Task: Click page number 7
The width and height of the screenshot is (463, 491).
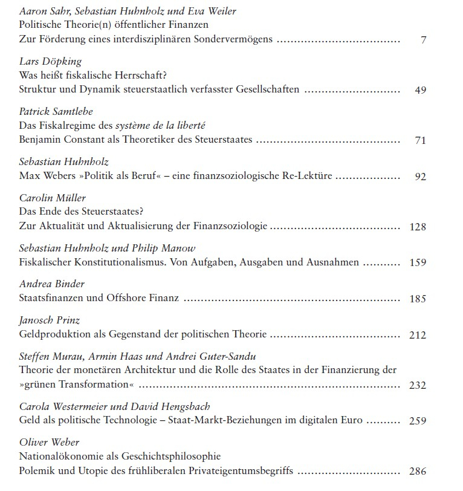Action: pos(424,40)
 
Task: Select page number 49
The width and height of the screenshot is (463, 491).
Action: pos(421,90)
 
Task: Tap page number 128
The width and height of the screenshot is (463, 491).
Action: pos(418,227)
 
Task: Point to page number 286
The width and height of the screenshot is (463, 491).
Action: pos(418,472)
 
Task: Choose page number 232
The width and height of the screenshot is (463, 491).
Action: pos(418,385)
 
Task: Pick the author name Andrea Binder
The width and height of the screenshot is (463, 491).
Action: pos(52,284)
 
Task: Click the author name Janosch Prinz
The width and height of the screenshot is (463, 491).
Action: pos(50,319)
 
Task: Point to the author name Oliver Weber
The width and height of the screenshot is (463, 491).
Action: pos(49,441)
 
